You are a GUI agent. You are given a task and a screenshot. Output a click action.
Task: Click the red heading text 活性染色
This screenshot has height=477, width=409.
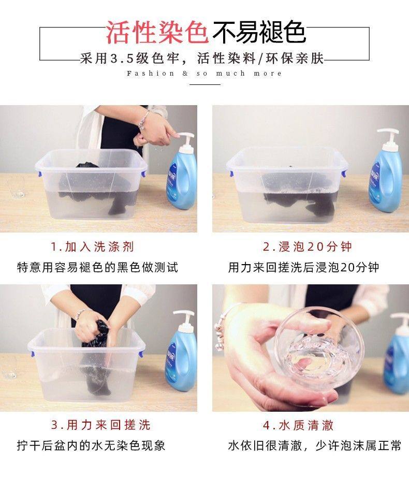pyautogui.click(x=157, y=32)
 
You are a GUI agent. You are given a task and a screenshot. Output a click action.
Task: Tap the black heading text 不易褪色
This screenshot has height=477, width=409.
pyautogui.click(x=259, y=32)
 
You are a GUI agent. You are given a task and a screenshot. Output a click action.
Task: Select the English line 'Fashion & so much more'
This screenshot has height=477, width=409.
pyautogui.click(x=204, y=74)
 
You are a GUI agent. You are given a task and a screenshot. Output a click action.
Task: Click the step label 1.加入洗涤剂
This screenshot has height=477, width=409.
pyautogui.click(x=92, y=247)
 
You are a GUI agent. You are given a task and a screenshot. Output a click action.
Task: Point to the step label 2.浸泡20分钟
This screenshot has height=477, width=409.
pyautogui.click(x=307, y=247)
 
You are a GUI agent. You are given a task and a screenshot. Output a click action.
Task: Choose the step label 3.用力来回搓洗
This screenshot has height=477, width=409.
pyautogui.click(x=100, y=425)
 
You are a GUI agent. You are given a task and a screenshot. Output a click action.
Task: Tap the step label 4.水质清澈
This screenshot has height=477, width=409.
pyautogui.click(x=298, y=425)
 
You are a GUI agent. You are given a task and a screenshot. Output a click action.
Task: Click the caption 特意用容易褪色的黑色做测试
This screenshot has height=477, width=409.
pyautogui.click(x=97, y=267)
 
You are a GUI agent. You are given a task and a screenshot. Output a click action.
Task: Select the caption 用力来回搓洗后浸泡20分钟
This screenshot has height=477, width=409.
pyautogui.click(x=303, y=267)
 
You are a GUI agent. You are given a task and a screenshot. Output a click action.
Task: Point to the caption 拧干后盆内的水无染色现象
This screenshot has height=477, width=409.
pyautogui.click(x=91, y=445)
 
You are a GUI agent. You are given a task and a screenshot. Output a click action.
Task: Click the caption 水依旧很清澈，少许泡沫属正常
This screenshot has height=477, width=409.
pyautogui.click(x=315, y=445)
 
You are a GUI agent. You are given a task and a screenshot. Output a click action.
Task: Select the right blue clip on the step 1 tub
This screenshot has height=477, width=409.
pyautogui.click(x=143, y=174)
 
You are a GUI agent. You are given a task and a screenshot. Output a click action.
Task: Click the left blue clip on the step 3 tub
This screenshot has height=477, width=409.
pyautogui.click(x=33, y=354)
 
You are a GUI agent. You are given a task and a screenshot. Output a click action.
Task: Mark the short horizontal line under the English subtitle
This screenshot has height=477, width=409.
pyautogui.click(x=205, y=84)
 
